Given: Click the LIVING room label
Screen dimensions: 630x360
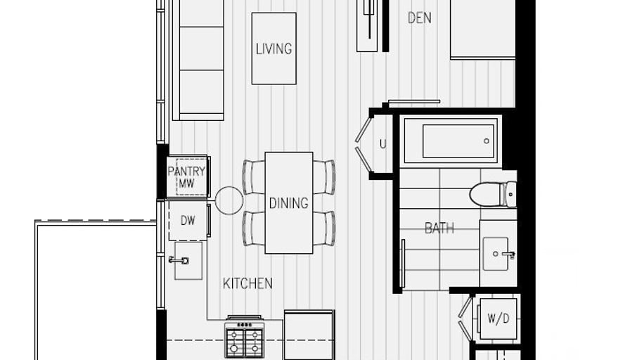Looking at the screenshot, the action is (274, 49).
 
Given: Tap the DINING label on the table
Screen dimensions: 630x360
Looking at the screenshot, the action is (288, 203).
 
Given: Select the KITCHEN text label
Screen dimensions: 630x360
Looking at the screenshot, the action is (247, 283).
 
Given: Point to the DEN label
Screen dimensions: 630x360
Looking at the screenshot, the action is (420, 18).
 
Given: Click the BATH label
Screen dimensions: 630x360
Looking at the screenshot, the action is (439, 229).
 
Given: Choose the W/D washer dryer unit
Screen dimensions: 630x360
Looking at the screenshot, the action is (499, 319).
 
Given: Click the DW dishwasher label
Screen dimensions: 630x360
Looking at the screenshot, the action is (188, 220).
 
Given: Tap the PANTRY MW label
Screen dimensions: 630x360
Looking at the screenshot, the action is (186, 177).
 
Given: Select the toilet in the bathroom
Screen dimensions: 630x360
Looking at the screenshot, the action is (493, 195).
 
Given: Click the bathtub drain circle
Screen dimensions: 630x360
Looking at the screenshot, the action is (487, 141).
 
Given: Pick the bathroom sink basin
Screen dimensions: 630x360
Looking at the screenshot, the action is (496, 254).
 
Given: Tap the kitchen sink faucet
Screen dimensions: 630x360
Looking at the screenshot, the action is (179, 260).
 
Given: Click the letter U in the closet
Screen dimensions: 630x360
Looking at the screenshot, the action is (382, 144).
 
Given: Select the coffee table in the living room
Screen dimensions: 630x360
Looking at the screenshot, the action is (274, 49).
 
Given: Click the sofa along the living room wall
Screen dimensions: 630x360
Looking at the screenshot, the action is (198, 60).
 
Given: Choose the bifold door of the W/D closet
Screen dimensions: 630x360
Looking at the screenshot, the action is (465, 319).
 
